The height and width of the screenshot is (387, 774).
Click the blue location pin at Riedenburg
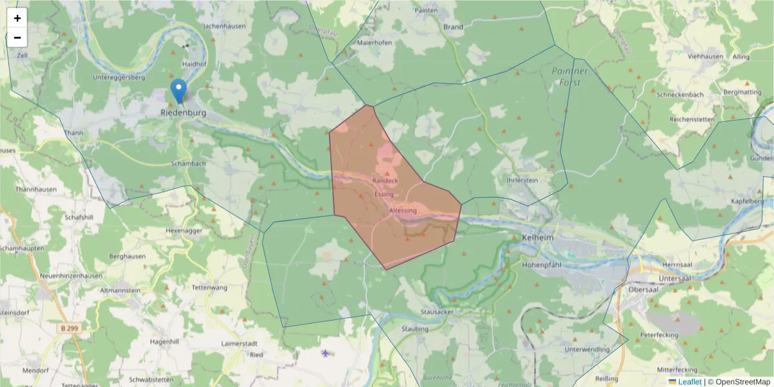(x=179, y=91)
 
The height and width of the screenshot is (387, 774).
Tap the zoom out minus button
(x=17, y=37)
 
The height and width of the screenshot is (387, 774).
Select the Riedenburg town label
(x=183, y=113)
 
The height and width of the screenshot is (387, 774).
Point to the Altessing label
(x=403, y=210)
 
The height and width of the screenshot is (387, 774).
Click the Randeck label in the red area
(x=385, y=182)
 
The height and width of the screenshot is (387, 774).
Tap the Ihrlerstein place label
(x=522, y=181)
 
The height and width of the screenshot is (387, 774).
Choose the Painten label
(x=427, y=11)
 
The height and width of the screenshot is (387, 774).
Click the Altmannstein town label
(x=120, y=290)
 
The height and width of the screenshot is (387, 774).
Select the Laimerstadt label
(x=239, y=343)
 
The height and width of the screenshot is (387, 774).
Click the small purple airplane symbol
(x=326, y=353)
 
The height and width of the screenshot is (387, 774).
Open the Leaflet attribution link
(x=690, y=382)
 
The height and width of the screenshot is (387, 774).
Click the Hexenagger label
(x=184, y=230)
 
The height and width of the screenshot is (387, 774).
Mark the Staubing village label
(x=415, y=328)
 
